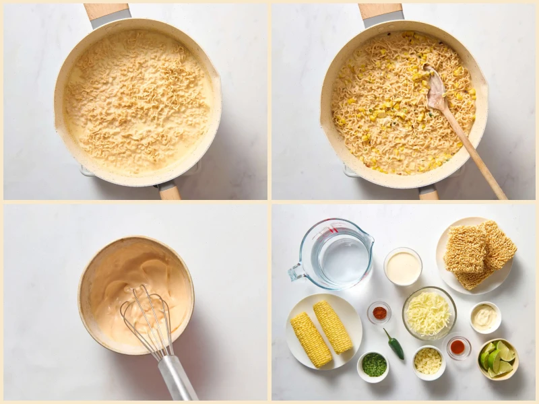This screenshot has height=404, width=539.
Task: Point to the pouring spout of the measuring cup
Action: (x=367, y=238)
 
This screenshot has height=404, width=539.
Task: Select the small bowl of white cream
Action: (x=403, y=267)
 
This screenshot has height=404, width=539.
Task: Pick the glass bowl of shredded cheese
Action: (x=429, y=313)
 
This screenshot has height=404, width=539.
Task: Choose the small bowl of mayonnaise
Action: (x=485, y=316)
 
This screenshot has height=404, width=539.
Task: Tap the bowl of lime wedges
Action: (x=498, y=358)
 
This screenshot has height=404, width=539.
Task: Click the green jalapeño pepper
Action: (x=395, y=345)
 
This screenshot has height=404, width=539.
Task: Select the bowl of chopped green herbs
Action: (x=373, y=365)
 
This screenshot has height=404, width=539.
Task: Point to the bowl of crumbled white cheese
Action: (x=429, y=362)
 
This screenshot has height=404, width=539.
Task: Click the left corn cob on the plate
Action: (x=311, y=339)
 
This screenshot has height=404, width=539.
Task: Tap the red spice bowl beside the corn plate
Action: (x=379, y=312)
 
